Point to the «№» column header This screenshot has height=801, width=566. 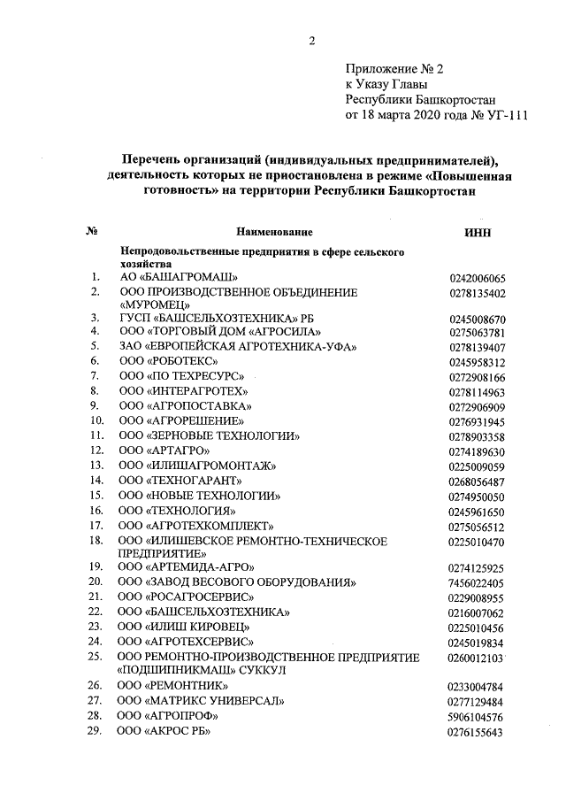pyautogui.click(x=90, y=232)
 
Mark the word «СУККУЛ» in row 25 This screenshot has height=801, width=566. pyautogui.click(x=257, y=670)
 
